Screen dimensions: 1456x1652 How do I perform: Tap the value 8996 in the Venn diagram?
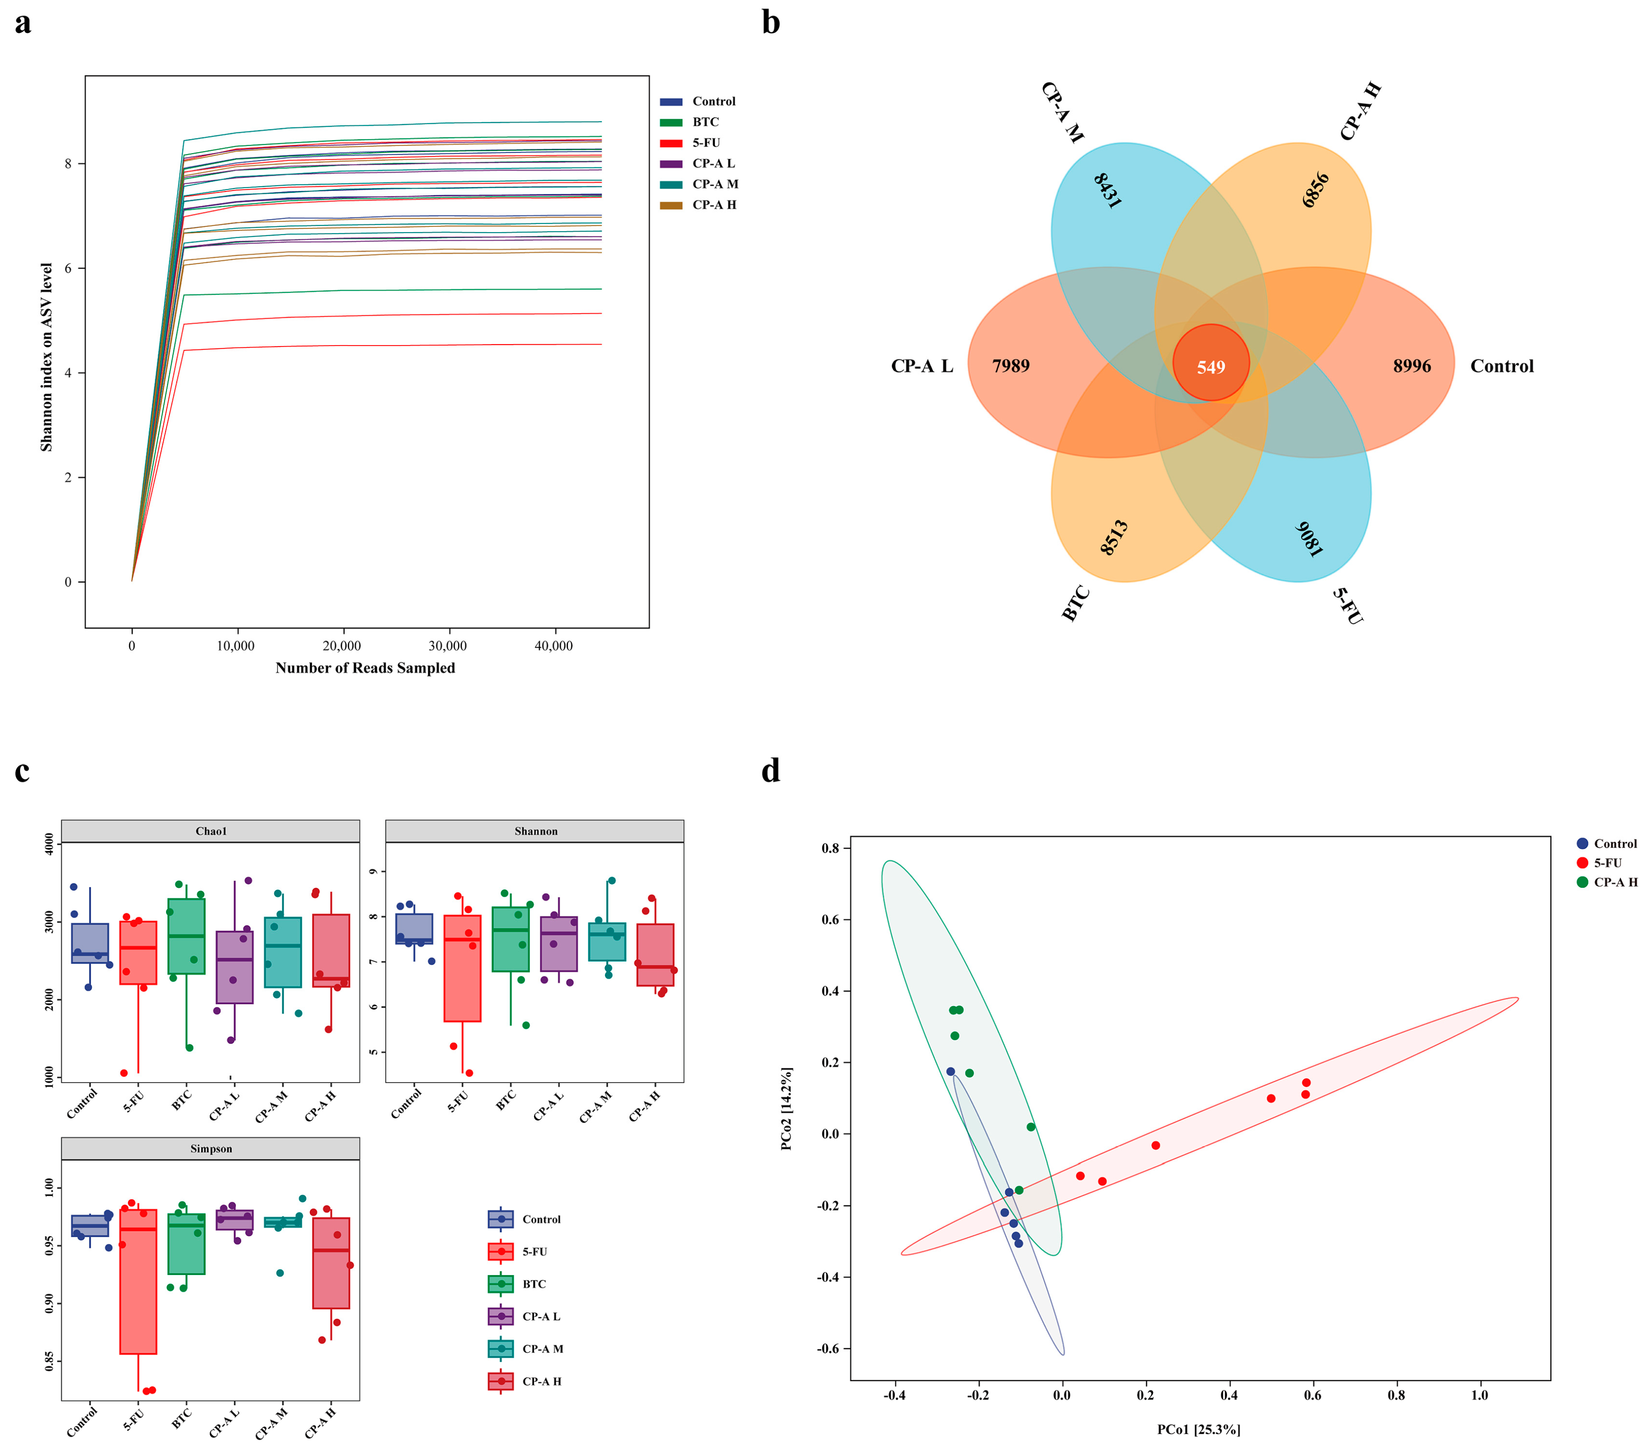tap(1411, 366)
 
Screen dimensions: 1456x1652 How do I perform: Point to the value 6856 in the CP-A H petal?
tap(1316, 190)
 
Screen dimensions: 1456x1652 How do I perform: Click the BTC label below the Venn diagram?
tap(1076, 604)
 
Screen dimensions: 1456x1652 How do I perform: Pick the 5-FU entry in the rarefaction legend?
tap(705, 143)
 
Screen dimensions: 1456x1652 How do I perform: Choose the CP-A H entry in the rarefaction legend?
tap(714, 205)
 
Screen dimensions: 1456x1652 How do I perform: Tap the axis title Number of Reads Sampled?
tap(365, 668)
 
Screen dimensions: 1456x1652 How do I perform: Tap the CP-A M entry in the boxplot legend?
tap(542, 1348)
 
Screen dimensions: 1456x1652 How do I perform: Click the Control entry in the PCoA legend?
tap(1614, 843)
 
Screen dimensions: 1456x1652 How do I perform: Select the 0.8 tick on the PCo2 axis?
tap(831, 848)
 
